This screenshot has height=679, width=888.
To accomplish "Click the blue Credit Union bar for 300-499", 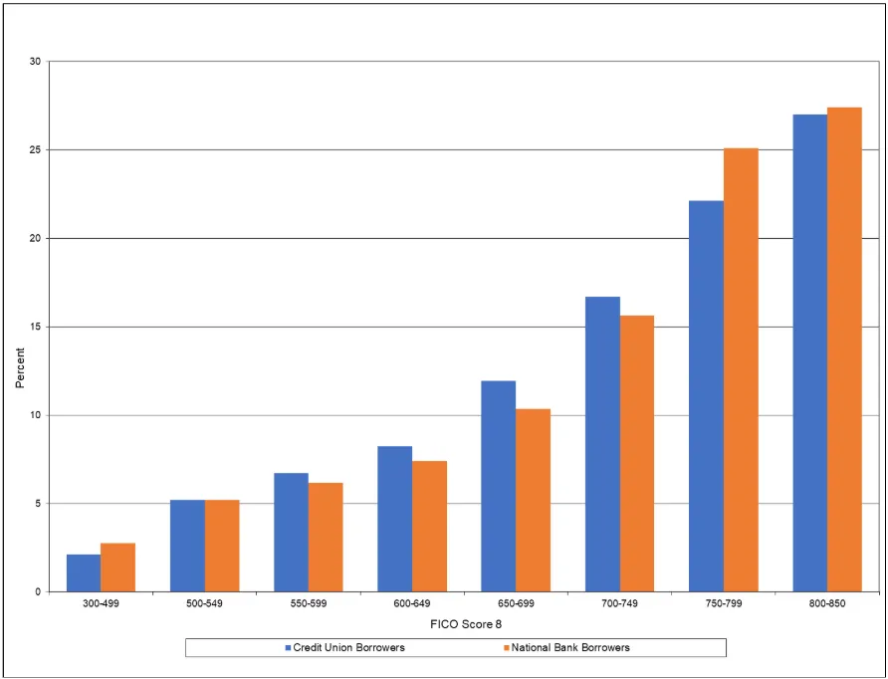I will click(x=84, y=572).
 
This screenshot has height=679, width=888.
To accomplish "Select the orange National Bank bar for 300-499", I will click(x=117, y=567).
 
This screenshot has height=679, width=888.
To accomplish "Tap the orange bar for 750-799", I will click(x=741, y=369).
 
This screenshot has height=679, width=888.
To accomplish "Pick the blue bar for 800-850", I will click(x=809, y=352).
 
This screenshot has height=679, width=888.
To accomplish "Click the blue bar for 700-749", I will click(x=602, y=444).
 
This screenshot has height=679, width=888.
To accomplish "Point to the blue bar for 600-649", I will click(x=394, y=519).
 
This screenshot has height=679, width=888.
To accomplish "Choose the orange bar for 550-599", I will click(x=326, y=537).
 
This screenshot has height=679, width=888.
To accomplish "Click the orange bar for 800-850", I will click(x=844, y=349).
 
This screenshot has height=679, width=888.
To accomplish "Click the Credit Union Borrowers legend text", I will click(x=348, y=647).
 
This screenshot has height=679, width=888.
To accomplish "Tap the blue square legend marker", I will click(x=287, y=647).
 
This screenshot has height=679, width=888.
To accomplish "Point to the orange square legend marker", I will click(x=506, y=647).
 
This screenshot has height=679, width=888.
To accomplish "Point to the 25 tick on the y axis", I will click(x=34, y=150).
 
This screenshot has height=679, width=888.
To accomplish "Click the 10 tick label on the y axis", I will click(x=34, y=415).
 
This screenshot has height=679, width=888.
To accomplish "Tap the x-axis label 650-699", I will click(x=516, y=604).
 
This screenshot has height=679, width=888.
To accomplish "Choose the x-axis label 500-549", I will click(x=204, y=604).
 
